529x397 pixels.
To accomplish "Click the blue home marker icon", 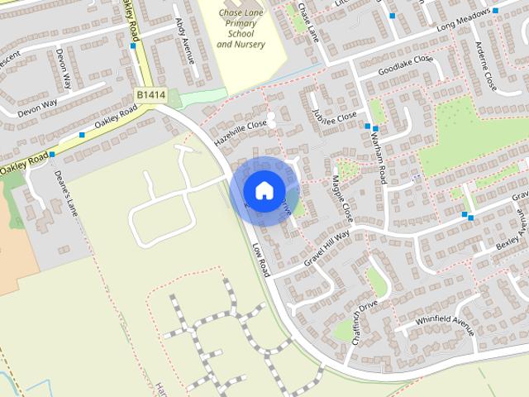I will coord(263,189).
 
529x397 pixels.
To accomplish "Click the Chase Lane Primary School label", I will coord(241,29).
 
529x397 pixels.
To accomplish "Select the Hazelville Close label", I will coord(241,132).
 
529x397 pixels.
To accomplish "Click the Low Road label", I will coord(261,259).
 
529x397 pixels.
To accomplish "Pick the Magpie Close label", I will coord(341,198).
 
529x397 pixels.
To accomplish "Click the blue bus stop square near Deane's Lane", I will coord(51,155).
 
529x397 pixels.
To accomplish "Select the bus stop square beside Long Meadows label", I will coord(495,12).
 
